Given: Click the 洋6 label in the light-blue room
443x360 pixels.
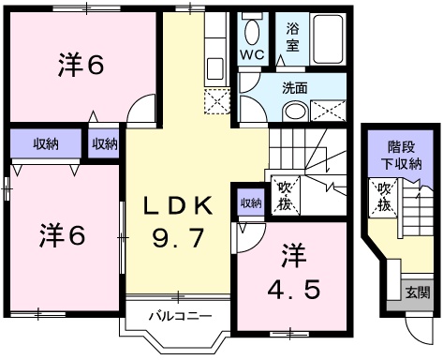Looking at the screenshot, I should [x=63, y=234].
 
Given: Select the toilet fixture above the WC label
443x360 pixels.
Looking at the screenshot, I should [x=252, y=32].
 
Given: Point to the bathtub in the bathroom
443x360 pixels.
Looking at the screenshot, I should [x=327, y=37].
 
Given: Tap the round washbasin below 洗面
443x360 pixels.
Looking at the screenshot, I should [x=294, y=112].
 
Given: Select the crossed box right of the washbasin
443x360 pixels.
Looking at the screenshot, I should [x=330, y=111].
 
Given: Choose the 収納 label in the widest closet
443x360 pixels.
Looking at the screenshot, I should [x=44, y=144].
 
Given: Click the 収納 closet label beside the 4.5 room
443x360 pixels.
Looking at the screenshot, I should [x=250, y=202].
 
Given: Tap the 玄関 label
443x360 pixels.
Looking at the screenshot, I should [x=418, y=292].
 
